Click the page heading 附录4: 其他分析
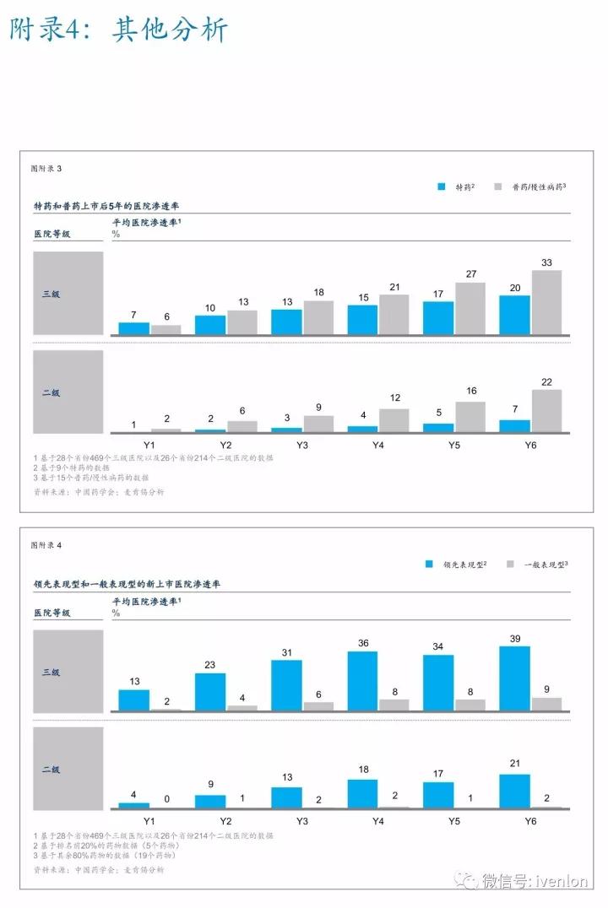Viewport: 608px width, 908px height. pyautogui.click(x=119, y=30)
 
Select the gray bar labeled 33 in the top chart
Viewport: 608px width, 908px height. pyautogui.click(x=546, y=302)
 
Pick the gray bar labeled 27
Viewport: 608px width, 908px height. pyautogui.click(x=470, y=308)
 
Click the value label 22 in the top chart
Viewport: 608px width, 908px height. pyautogui.click(x=546, y=381)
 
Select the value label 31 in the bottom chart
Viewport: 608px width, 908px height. pyautogui.click(x=286, y=651)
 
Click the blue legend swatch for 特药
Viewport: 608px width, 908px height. pyautogui.click(x=441, y=186)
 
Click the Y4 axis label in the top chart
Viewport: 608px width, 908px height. pyautogui.click(x=377, y=444)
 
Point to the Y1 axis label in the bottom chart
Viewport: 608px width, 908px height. pyautogui.click(x=149, y=820)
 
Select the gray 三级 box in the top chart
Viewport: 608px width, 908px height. pyautogui.click(x=68, y=294)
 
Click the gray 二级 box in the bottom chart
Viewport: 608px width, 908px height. pyautogui.click(x=68, y=769)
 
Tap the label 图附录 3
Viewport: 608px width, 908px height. pyautogui.click(x=46, y=169)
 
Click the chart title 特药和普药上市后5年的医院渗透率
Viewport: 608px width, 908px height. pyautogui.click(x=106, y=206)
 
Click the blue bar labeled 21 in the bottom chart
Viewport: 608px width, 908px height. pyautogui.click(x=514, y=791)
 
